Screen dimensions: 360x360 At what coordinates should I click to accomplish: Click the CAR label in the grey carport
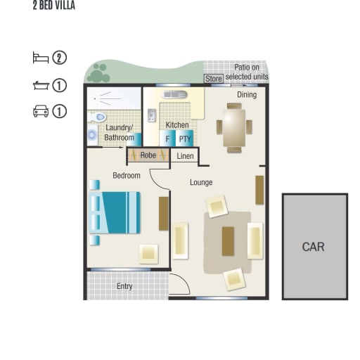pos(313,247)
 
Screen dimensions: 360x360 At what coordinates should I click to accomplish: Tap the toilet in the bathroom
pos(97,117)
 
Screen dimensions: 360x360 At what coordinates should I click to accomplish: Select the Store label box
pos(214,79)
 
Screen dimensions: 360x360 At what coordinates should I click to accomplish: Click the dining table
pos(234,128)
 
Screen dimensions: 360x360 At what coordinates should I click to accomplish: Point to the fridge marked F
pos(167,139)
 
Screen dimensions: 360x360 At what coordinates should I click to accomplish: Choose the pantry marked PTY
pos(185,139)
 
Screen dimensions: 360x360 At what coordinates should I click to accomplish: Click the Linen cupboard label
pos(185,156)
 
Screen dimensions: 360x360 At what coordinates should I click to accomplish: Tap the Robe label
pos(148,155)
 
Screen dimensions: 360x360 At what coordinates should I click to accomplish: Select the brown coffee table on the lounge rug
pos(228,241)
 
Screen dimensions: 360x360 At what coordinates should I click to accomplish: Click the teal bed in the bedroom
pos(115,212)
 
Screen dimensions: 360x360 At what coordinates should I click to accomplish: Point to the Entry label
pos(124,286)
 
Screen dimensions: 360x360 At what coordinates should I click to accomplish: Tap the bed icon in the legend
pos(41,58)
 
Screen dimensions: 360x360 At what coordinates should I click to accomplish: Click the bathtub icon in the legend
pos(41,86)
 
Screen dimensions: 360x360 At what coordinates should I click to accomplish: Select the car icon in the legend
pos(41,111)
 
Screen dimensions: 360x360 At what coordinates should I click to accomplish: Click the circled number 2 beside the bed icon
pos(59,58)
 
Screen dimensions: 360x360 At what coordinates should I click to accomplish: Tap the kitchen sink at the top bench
pos(174,95)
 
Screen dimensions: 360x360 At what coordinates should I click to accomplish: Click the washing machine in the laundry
pos(92,135)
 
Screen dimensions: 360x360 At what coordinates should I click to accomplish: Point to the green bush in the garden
pos(100,73)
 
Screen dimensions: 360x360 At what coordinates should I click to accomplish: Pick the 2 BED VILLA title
pos(54,5)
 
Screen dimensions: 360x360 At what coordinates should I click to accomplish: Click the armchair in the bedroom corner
pos(148,254)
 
